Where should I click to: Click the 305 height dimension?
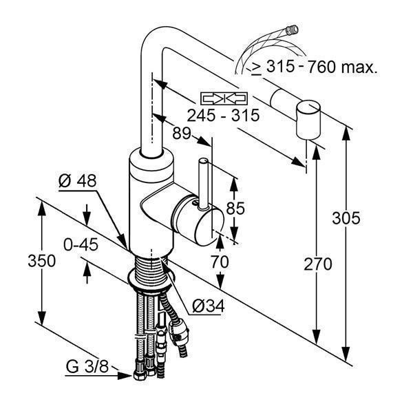346,218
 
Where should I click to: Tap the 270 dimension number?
317,264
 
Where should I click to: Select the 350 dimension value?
41,261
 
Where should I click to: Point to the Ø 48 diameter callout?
77,180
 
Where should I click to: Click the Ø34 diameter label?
209,306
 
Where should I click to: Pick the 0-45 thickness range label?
81,244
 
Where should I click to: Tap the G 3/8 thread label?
87,366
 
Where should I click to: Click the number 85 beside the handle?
235,208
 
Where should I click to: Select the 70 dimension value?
220,262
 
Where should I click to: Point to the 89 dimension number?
182,133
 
